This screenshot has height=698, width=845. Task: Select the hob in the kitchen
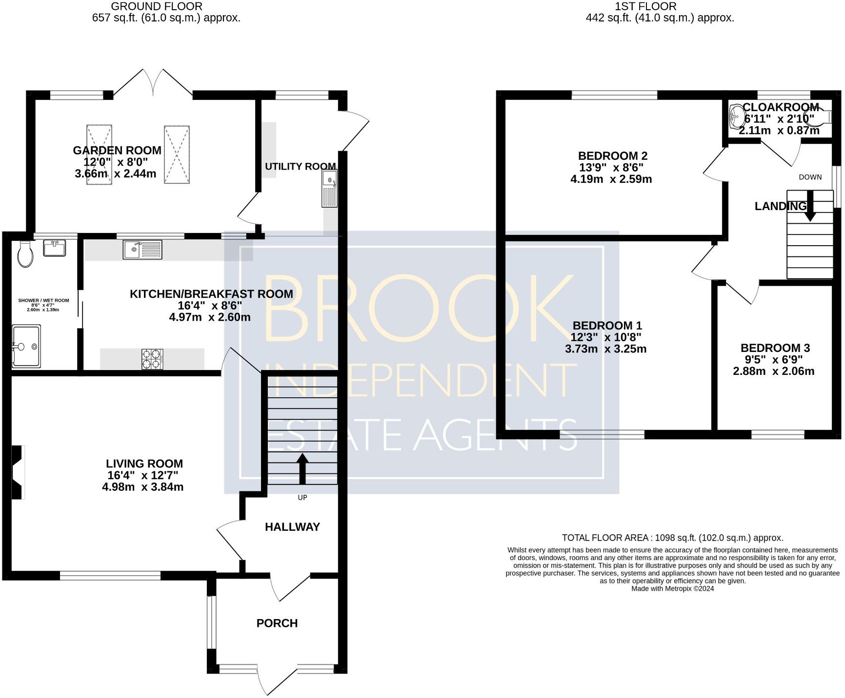(152, 359)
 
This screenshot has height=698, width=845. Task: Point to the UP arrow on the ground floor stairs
(302, 468)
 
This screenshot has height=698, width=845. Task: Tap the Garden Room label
(117, 150)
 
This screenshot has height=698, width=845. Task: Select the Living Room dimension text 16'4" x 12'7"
(142, 475)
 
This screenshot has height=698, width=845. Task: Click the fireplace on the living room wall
(18, 472)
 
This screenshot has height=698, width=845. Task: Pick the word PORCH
(277, 623)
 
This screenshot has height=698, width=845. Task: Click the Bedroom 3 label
(775, 348)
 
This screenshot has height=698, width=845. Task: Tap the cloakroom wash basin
(737, 116)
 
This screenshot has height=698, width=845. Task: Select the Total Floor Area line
(672, 538)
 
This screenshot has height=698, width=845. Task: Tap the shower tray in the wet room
(26, 346)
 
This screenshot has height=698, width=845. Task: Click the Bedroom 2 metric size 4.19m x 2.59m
(611, 179)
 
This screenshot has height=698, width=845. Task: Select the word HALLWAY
(292, 527)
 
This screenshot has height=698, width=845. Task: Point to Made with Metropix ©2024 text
(672, 588)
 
